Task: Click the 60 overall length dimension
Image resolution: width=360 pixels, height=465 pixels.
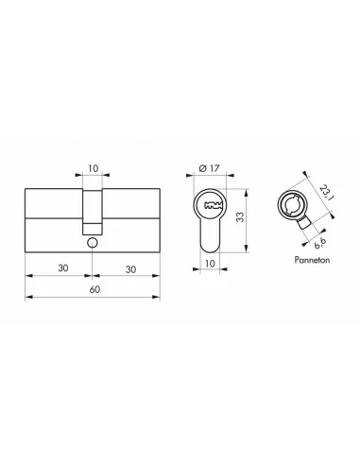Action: (x=91, y=288)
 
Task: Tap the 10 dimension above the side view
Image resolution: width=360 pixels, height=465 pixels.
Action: (x=92, y=170)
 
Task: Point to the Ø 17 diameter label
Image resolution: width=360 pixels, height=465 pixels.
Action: (x=211, y=169)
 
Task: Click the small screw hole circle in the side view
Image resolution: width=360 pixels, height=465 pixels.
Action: (x=91, y=241)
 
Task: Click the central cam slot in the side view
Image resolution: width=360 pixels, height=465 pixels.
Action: (x=91, y=210)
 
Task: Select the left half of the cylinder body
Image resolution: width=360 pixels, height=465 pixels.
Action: (x=52, y=216)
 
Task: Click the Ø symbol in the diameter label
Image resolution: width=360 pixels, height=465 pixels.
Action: (x=203, y=169)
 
